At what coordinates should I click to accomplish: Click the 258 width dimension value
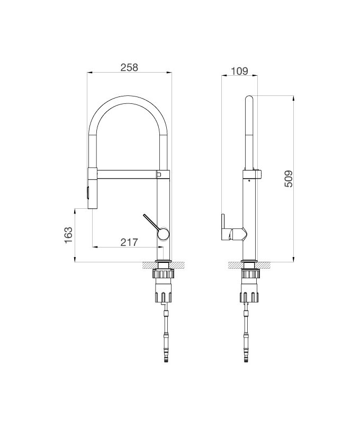point(129,67)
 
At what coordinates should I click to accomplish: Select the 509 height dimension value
point(288,180)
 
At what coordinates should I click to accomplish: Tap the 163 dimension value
point(68,235)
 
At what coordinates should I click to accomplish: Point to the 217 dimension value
point(129,243)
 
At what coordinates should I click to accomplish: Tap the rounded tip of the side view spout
point(250,98)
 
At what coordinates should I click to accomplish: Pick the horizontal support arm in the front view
point(127,173)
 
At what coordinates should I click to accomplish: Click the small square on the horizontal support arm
point(158,173)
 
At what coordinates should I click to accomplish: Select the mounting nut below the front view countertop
point(163,275)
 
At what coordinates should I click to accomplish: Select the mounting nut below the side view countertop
point(250,275)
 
